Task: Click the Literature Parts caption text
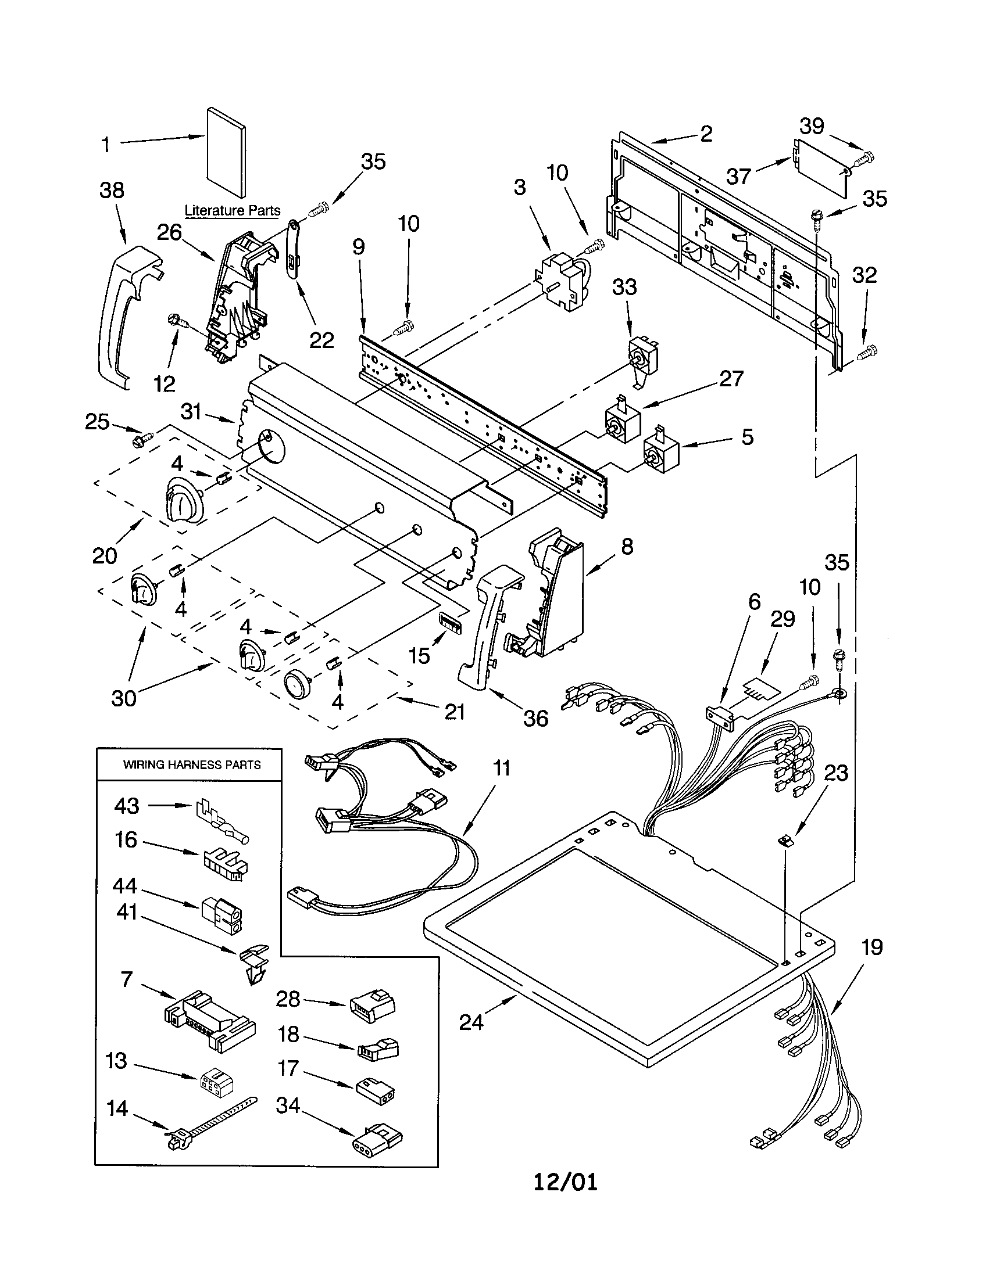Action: pyautogui.click(x=233, y=210)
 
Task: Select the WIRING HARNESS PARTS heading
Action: pyautogui.click(x=191, y=764)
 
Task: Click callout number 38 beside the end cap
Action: pyautogui.click(x=111, y=190)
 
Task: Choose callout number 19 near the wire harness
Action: pyautogui.click(x=872, y=946)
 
